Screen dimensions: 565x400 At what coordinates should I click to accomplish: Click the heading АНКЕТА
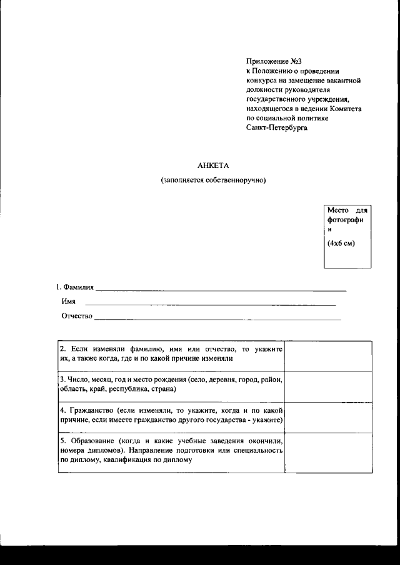point(214,165)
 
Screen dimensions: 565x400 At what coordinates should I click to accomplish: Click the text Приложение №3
point(270,61)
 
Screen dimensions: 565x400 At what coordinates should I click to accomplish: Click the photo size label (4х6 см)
point(341,243)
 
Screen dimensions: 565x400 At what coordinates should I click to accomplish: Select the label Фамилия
point(77,287)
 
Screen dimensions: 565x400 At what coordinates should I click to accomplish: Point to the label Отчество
point(77,316)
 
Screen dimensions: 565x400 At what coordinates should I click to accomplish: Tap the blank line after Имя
point(210,305)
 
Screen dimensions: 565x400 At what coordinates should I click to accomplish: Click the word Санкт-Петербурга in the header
point(277,127)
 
